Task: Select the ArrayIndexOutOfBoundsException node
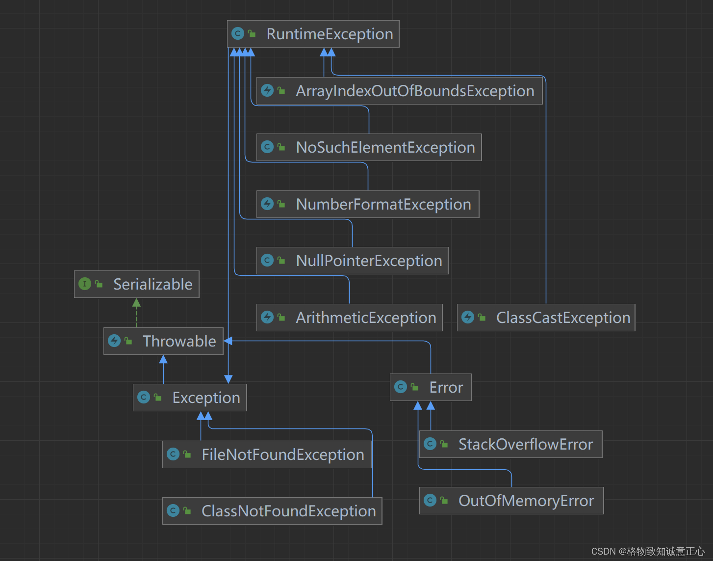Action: click(x=399, y=91)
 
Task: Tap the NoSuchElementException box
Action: click(x=369, y=147)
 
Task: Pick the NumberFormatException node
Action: click(x=368, y=204)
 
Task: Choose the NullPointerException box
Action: click(x=352, y=261)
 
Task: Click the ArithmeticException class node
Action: click(x=349, y=318)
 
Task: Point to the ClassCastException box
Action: click(x=546, y=318)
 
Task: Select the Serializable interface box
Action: click(x=136, y=284)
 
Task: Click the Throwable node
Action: click(x=163, y=341)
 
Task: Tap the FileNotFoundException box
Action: click(x=267, y=454)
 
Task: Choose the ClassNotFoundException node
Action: click(x=272, y=511)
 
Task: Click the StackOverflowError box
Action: click(x=510, y=444)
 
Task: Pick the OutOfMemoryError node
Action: click(x=511, y=501)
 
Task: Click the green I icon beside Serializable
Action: click(x=85, y=284)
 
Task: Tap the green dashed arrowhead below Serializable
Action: click(x=136, y=303)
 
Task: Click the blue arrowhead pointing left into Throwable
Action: click(x=228, y=341)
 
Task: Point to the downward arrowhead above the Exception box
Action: click(x=228, y=379)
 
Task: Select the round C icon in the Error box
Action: click(x=401, y=387)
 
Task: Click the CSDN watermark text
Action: click(x=647, y=551)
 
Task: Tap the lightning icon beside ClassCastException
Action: click(x=468, y=317)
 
